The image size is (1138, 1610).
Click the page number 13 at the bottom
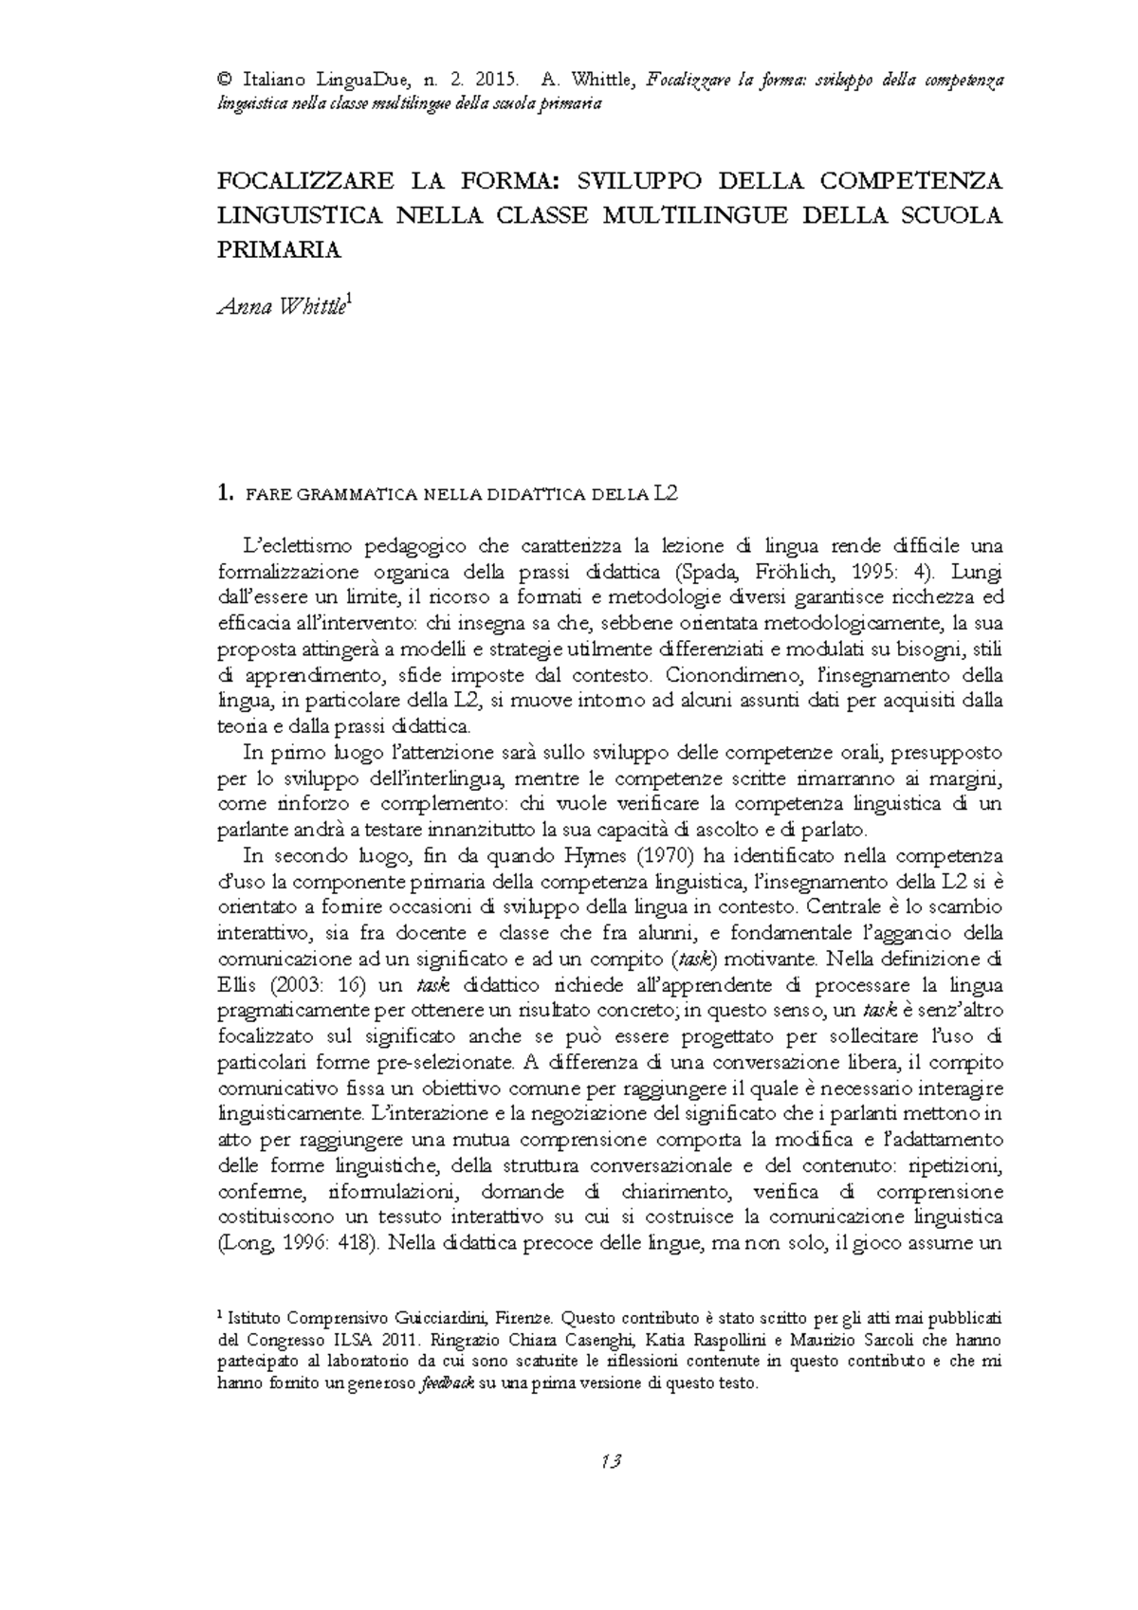click(x=610, y=1461)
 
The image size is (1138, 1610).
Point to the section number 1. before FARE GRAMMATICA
click(x=224, y=493)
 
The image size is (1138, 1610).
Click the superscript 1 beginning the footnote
click(x=221, y=1315)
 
